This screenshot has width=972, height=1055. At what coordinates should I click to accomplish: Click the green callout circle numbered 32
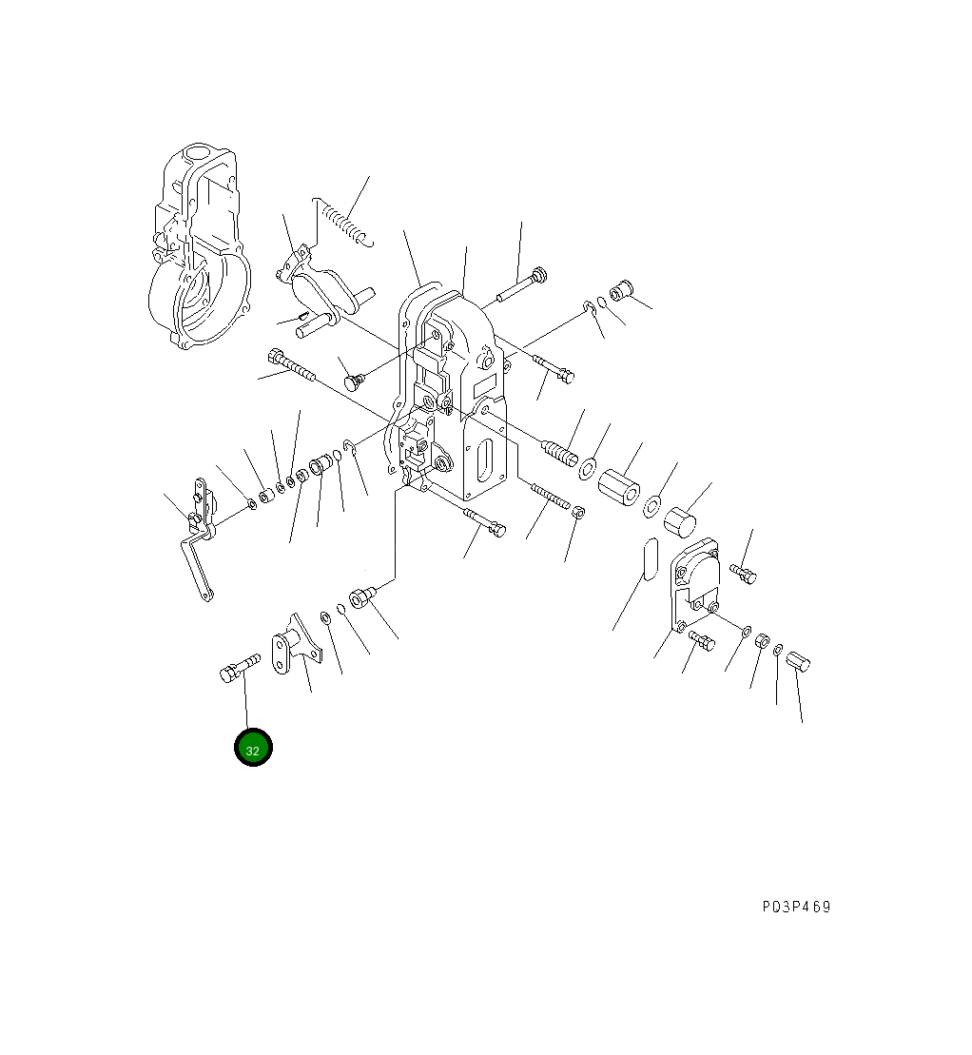pos(253,748)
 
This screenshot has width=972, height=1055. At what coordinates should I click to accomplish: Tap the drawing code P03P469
pos(796,907)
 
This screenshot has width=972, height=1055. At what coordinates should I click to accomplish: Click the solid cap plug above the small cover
pos(681,522)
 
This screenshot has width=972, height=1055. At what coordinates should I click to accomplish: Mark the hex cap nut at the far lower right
pos(798,660)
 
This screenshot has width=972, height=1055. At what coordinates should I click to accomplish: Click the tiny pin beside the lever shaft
pos(300,316)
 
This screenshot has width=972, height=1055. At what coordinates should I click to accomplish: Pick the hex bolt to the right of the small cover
pos(744,574)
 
